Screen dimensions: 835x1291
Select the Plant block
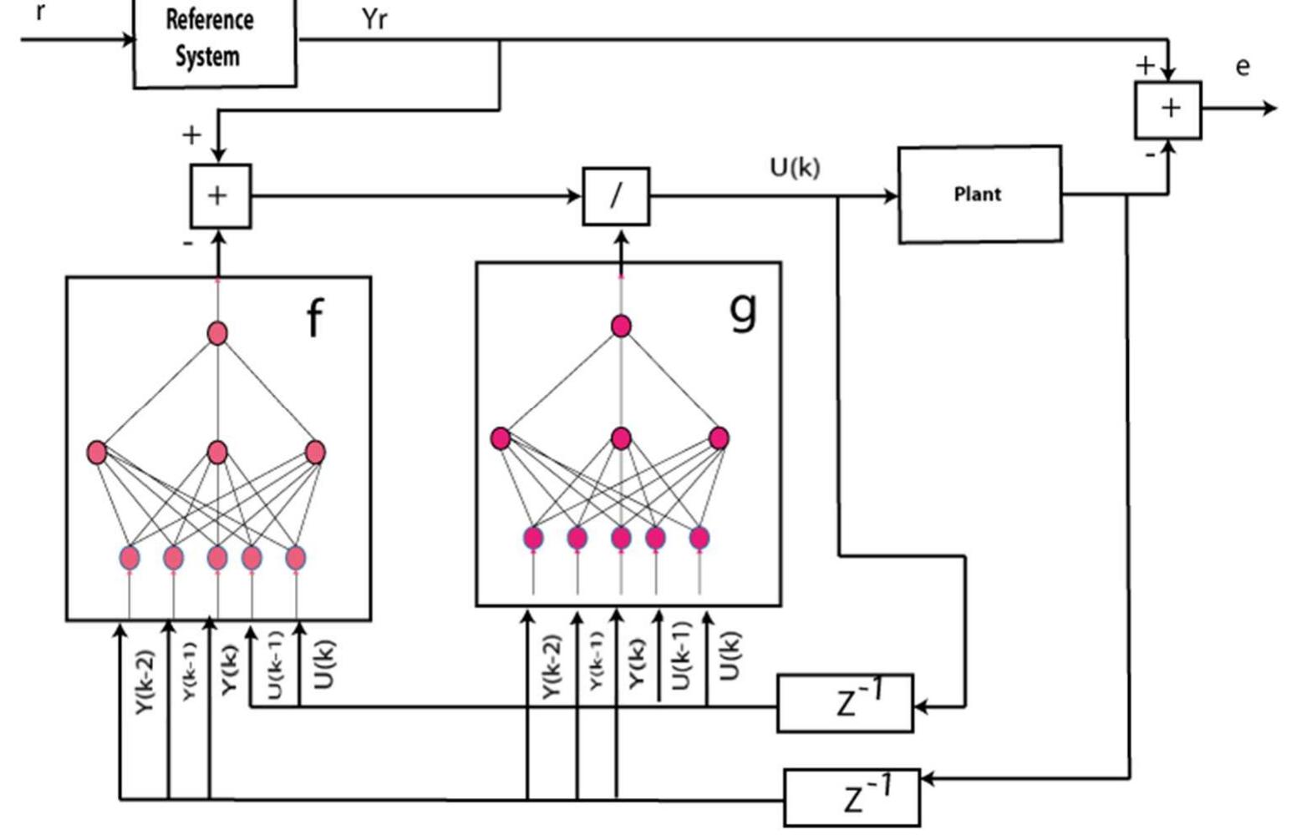(x=979, y=195)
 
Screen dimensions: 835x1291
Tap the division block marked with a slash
(x=616, y=196)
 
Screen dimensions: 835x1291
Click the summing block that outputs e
(x=1168, y=109)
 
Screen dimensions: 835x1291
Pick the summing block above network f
(x=220, y=196)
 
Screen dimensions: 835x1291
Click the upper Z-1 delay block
(x=845, y=703)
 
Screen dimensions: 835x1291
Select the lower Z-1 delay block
(x=851, y=797)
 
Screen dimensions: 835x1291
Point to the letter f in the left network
(x=314, y=319)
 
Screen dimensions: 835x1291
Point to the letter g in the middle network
(x=743, y=309)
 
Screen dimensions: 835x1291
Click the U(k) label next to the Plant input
(x=795, y=168)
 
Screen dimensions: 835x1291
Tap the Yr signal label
(x=374, y=19)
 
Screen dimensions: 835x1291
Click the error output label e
(x=1243, y=67)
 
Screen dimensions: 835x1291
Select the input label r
(x=40, y=13)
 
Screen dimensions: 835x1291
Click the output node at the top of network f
(x=217, y=333)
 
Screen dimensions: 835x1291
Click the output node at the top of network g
(x=621, y=326)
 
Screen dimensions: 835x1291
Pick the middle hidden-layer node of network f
(x=217, y=453)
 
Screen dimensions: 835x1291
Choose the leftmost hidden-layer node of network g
(x=501, y=438)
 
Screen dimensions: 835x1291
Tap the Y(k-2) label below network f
(x=145, y=681)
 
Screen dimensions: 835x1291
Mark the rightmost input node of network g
(x=699, y=539)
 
